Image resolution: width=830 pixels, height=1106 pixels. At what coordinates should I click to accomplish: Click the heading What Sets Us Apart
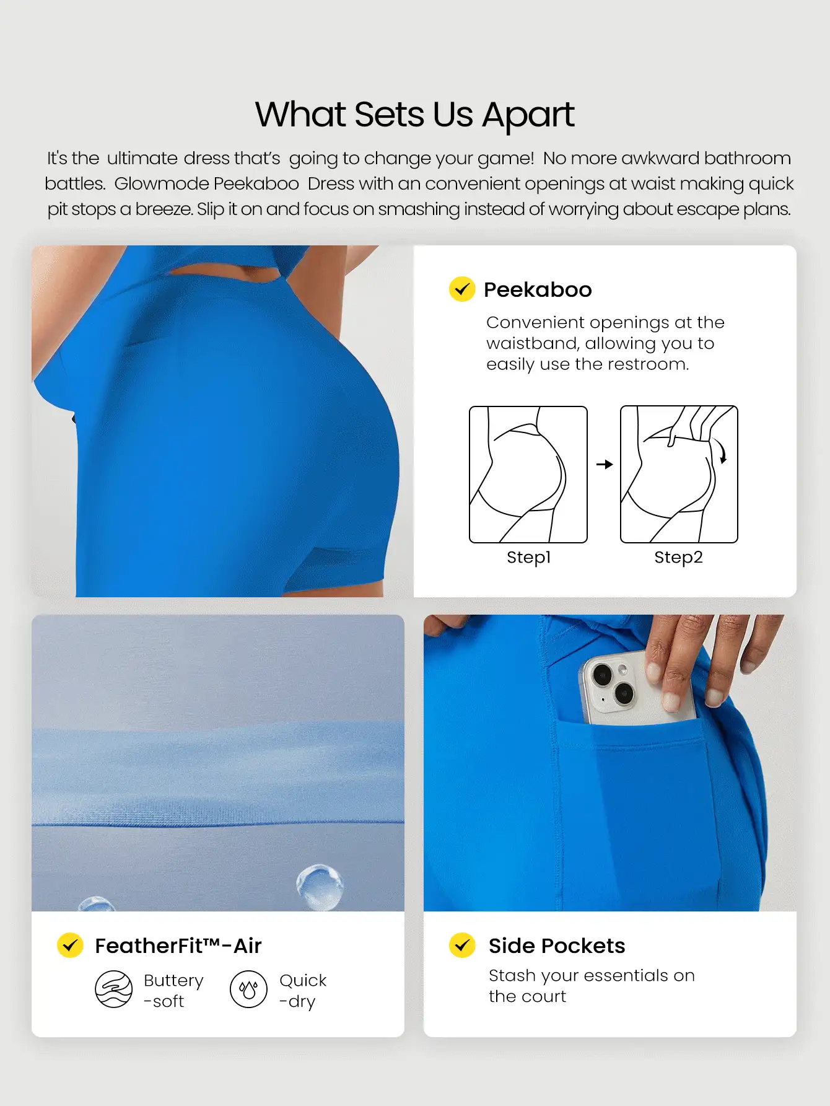coord(414,115)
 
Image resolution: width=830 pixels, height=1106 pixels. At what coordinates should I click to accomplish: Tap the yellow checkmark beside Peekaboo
coord(462,289)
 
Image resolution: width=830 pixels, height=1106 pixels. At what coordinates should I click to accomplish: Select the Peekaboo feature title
coord(537,289)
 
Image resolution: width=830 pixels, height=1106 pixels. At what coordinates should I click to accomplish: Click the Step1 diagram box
coord(528,474)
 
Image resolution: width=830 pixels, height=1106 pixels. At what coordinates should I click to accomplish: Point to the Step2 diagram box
coord(679,474)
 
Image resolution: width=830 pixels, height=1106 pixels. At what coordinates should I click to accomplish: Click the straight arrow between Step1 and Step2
coord(605,464)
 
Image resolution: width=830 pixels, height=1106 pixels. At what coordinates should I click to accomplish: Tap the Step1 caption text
coord(528,557)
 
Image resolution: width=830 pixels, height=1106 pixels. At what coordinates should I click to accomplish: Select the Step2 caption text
coord(678,557)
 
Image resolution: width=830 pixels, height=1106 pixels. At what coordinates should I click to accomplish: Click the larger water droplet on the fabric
coord(320,885)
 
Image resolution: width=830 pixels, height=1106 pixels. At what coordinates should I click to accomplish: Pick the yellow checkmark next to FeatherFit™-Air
coord(70,945)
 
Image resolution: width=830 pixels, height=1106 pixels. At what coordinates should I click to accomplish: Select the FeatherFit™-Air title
coord(178,946)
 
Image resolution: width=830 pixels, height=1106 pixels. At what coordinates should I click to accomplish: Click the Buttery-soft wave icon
coord(113,989)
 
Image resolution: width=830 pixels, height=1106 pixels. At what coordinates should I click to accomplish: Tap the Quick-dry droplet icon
coord(248,989)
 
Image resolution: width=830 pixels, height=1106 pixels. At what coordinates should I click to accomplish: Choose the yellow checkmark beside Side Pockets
coord(462,945)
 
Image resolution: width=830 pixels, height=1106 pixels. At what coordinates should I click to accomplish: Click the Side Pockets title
coord(556,946)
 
